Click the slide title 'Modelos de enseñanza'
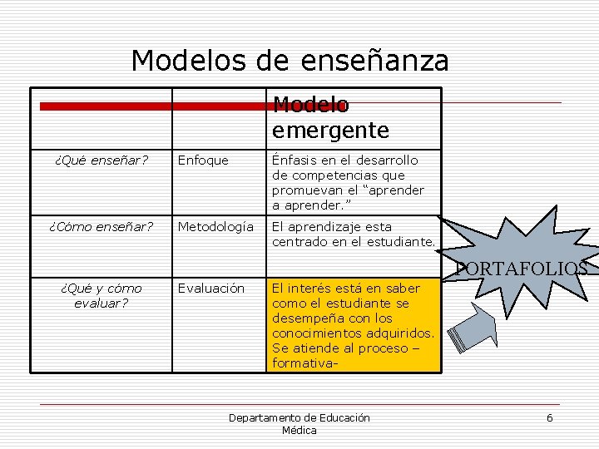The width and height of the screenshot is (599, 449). [290, 60]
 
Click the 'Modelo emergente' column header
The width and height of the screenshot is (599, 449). [330, 118]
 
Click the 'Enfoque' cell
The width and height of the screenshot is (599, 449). [204, 160]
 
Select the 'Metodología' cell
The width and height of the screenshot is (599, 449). [215, 226]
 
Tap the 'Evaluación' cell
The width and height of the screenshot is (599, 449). [211, 289]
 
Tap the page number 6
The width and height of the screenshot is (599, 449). [549, 417]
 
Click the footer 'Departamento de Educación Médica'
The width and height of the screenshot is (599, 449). [299, 423]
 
